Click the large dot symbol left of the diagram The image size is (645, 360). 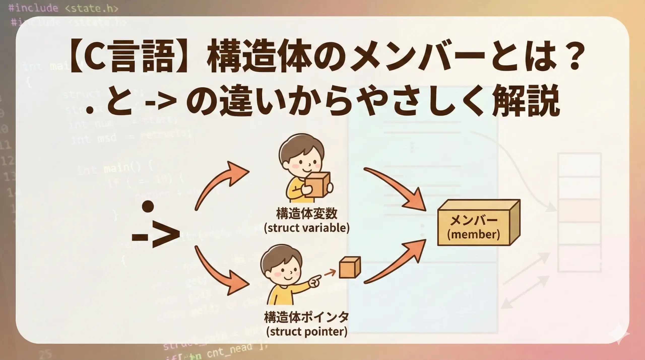pyautogui.click(x=148, y=206)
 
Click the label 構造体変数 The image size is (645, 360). pyautogui.click(x=307, y=214)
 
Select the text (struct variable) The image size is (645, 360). pyautogui.click(x=307, y=228)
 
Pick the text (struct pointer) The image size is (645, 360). pyautogui.click(x=307, y=331)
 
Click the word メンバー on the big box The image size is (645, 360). pyautogui.click(x=474, y=221)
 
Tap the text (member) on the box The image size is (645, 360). pyautogui.click(x=474, y=235)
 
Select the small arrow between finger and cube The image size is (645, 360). pyautogui.click(x=330, y=272)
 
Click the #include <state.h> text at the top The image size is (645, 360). pyautogui.click(x=63, y=8)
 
